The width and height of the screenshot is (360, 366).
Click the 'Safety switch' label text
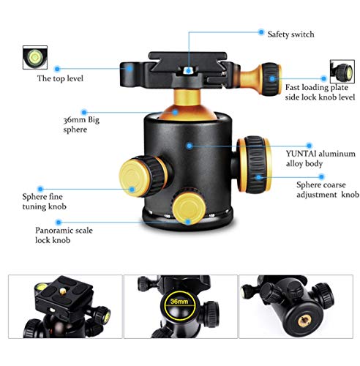coord(291,33)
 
